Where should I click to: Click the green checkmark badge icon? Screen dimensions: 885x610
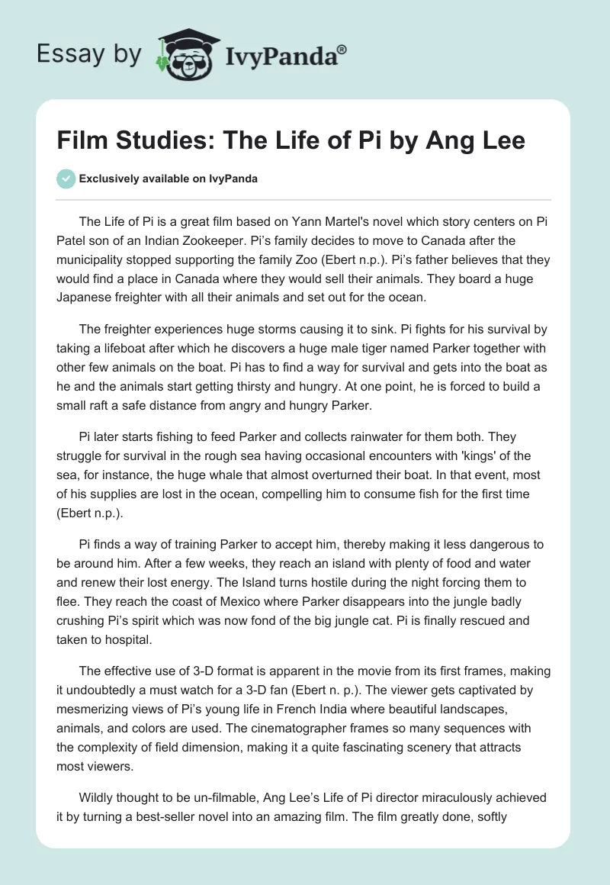click(x=66, y=179)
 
